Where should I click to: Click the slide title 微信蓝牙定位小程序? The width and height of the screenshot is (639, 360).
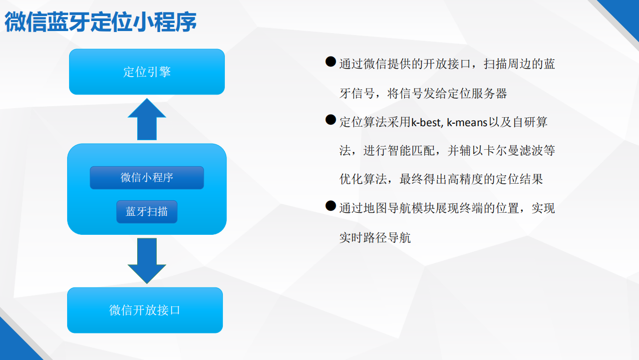click(x=101, y=22)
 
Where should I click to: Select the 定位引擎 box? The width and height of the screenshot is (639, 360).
click(x=147, y=72)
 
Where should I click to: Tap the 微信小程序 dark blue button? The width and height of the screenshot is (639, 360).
click(x=147, y=178)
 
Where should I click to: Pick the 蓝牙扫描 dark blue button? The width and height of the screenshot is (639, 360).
click(x=147, y=212)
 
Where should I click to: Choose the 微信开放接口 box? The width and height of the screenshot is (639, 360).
click(x=145, y=310)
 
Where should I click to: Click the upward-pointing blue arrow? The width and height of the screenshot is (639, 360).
click(x=147, y=119)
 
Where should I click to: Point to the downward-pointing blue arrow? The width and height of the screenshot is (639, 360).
click(x=147, y=261)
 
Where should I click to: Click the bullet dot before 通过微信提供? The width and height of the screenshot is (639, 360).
click(x=331, y=62)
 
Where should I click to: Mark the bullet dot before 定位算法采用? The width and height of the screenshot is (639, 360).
click(x=331, y=120)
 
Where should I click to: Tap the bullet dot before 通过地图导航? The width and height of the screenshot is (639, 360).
click(x=331, y=206)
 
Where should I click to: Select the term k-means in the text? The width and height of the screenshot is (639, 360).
click(x=467, y=122)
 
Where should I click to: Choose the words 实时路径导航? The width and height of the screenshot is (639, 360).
click(x=375, y=238)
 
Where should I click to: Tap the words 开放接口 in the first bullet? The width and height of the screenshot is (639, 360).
click(x=447, y=64)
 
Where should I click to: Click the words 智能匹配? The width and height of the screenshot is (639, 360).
click(x=411, y=151)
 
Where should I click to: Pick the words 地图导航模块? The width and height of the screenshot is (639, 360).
click(x=399, y=208)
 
